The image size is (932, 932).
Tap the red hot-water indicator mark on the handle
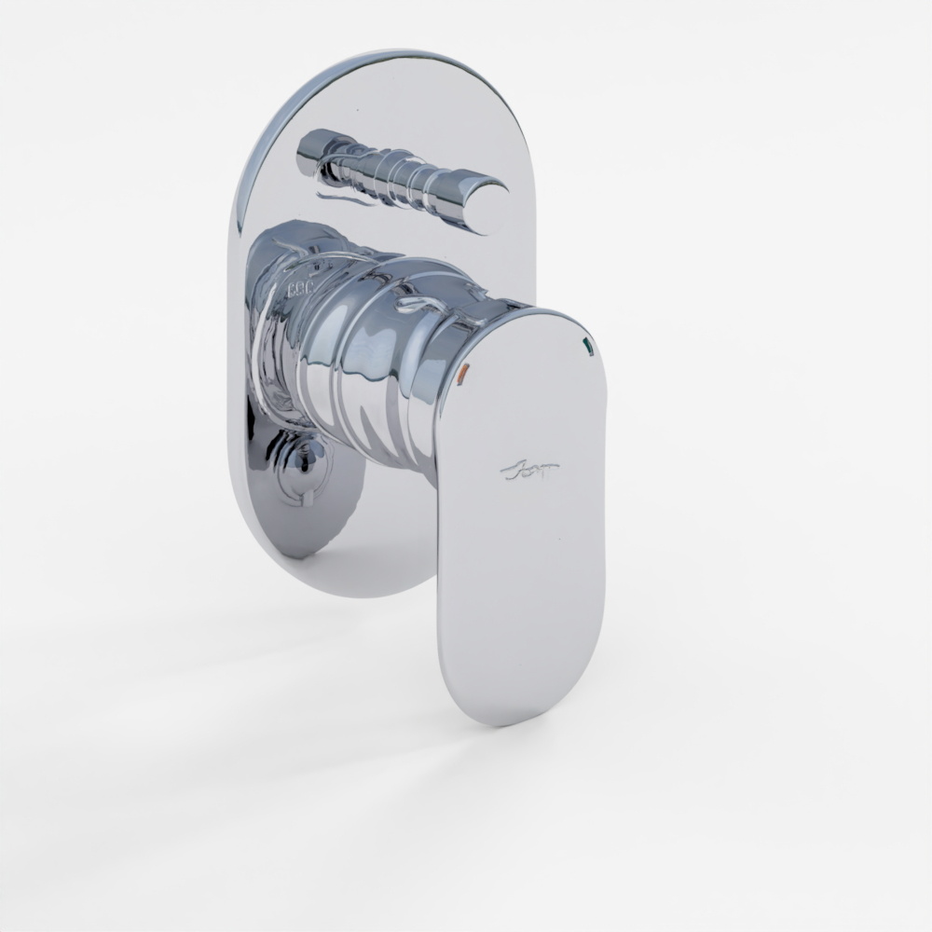[467, 376]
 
